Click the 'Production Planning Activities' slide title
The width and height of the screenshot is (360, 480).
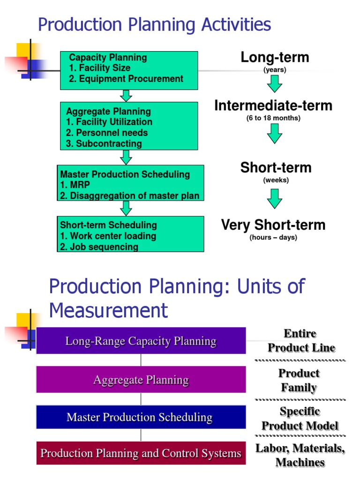(x=154, y=25)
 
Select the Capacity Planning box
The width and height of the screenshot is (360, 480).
(x=129, y=70)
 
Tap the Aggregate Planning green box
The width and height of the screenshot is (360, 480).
(x=129, y=126)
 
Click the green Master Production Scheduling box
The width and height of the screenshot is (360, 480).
(x=131, y=183)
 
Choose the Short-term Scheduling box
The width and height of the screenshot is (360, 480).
(x=131, y=234)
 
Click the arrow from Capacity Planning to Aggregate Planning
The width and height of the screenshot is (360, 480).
(x=126, y=96)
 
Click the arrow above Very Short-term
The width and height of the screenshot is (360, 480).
(x=275, y=198)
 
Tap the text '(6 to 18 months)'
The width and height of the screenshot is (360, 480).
(x=273, y=118)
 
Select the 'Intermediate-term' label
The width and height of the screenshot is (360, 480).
(x=273, y=106)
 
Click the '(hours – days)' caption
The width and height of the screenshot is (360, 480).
(x=273, y=238)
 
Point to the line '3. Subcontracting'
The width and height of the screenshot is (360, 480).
(x=104, y=143)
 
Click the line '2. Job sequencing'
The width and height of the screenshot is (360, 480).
(x=99, y=247)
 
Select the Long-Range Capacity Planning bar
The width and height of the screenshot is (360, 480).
(x=141, y=341)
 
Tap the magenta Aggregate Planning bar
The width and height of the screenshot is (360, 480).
(x=141, y=379)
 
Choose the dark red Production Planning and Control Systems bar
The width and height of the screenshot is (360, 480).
(x=141, y=453)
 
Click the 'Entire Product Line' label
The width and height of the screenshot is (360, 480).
(x=300, y=341)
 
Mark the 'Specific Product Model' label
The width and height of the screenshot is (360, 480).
(x=300, y=419)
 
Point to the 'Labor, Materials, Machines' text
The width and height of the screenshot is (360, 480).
(x=300, y=455)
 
